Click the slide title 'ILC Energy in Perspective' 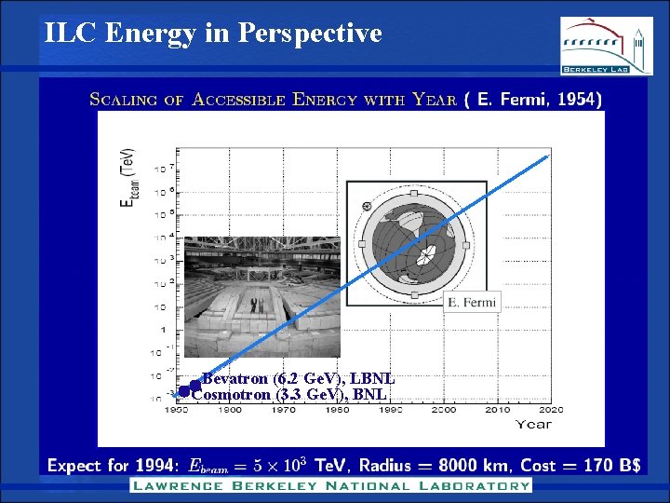pos(213,34)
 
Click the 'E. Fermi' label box pos(471,302)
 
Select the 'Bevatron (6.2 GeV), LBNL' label pos(298,379)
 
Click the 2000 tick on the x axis pos(442,409)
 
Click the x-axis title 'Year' pos(534,424)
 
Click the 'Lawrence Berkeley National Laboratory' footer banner pos(330,485)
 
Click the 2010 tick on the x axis pos(496,409)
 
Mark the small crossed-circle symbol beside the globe pos(367,205)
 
